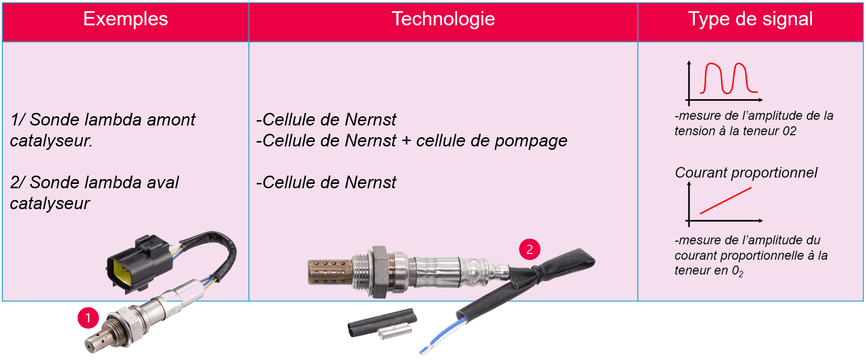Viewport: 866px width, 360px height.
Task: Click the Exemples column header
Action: click(x=125, y=19)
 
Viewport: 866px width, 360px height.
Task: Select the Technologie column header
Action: click(x=443, y=19)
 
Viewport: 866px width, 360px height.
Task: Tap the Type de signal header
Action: click(x=750, y=19)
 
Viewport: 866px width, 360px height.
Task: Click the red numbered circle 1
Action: click(x=88, y=318)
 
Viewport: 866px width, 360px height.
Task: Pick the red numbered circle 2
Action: click(x=530, y=250)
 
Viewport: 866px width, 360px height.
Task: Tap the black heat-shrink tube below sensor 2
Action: click(x=382, y=322)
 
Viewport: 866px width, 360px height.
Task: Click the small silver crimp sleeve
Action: click(x=395, y=332)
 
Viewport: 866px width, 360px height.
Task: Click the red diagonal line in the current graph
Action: click(x=725, y=200)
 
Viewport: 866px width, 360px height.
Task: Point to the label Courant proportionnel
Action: click(x=746, y=173)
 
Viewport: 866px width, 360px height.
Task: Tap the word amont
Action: click(x=171, y=120)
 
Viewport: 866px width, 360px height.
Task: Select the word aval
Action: click(x=163, y=182)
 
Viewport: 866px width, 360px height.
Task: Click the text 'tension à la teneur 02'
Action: click(x=735, y=131)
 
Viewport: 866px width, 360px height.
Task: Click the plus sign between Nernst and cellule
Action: click(x=406, y=141)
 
